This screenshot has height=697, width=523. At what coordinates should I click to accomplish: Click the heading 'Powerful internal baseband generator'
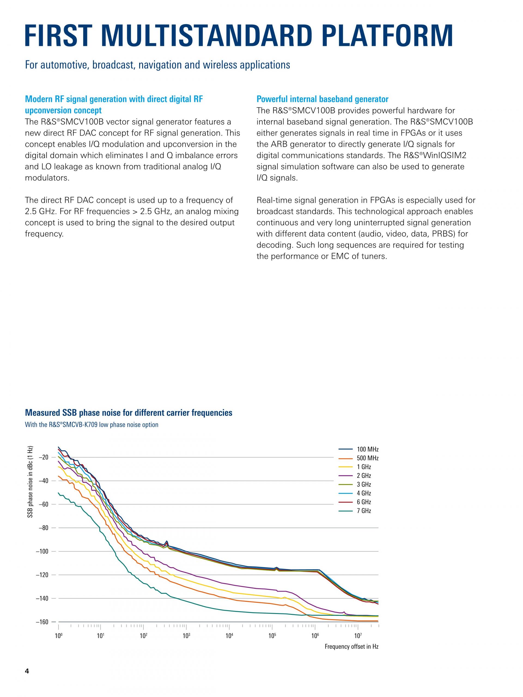click(x=322, y=99)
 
